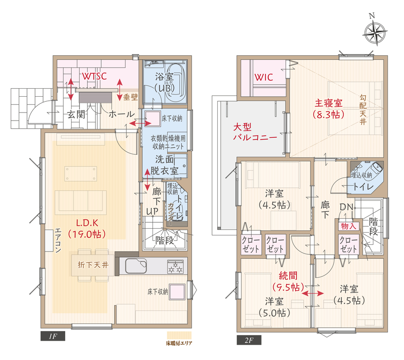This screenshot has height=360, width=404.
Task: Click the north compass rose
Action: coord(374,33)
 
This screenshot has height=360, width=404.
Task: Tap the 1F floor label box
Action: coord(53,336)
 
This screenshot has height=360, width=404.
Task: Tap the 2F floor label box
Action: coord(249,340)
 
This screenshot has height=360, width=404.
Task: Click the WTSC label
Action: coord(94,76)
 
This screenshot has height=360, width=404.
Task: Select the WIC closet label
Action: coord(264,77)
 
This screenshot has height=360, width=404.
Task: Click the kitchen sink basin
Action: coord(135,265)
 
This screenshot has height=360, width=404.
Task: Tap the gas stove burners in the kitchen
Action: coord(175,267)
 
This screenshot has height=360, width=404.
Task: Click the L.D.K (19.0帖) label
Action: coord(87,228)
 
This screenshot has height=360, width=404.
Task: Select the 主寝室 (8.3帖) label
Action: coord(328,109)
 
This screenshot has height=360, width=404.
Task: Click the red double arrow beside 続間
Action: coord(313,293)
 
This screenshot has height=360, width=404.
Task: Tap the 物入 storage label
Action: coord(349,226)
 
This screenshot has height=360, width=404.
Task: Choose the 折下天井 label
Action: coord(93,265)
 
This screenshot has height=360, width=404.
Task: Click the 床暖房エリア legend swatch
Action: coord(179,335)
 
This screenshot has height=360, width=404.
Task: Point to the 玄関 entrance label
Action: coord(76,114)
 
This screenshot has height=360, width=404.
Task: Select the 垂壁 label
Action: coord(130,97)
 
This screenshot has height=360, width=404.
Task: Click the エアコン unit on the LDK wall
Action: coord(49,240)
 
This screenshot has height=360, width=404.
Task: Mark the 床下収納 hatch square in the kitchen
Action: coord(177,292)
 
